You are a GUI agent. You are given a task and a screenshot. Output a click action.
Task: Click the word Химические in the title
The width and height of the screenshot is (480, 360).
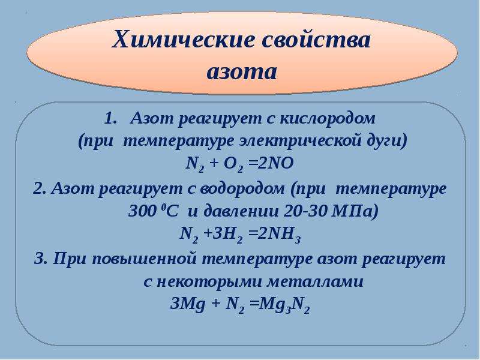184,40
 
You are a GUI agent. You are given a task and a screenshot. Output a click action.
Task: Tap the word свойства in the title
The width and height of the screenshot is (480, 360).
316,40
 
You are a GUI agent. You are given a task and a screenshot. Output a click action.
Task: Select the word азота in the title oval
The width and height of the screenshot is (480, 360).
242,72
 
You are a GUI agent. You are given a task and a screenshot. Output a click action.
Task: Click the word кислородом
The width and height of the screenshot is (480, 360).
327,119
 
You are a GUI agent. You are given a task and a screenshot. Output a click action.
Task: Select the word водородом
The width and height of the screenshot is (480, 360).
242,188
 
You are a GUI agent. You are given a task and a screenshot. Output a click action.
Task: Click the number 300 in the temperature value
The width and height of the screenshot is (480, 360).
142,211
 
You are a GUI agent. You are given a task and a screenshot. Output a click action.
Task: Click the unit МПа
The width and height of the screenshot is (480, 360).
353,211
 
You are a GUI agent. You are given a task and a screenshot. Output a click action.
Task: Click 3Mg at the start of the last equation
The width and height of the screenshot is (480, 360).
187,305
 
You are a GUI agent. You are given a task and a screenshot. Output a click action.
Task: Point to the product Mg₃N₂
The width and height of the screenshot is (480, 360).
284,305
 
